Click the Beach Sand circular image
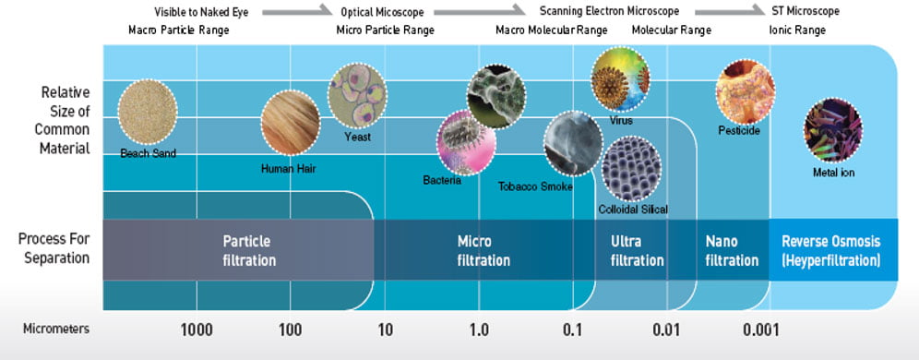(147, 112)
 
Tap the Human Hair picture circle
(290, 123)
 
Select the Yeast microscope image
(357, 96)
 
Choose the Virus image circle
(620, 79)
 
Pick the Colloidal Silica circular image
(632, 168)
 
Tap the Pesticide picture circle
(745, 91)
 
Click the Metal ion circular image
(833, 130)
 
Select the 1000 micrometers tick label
(197, 330)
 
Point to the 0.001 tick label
(760, 330)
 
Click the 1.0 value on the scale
(479, 330)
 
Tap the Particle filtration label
(249, 250)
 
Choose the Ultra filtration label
(637, 250)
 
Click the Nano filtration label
(732, 250)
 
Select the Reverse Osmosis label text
(831, 242)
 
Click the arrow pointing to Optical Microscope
(297, 10)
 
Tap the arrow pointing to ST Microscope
(730, 10)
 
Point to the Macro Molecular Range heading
(552, 30)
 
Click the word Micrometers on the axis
(56, 329)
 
